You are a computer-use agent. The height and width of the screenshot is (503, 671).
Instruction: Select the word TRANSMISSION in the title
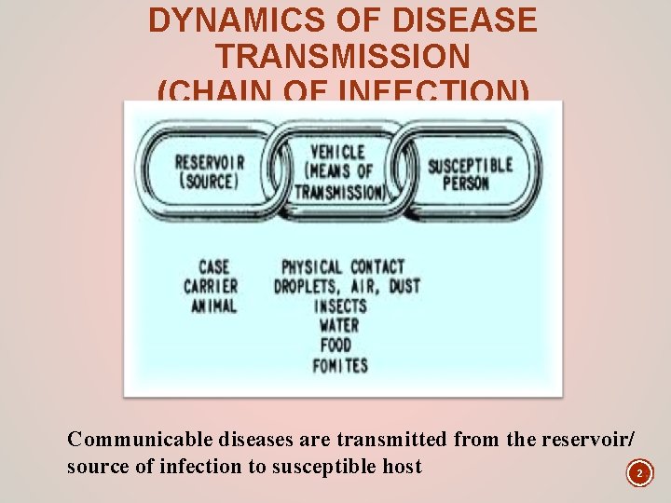(x=343, y=57)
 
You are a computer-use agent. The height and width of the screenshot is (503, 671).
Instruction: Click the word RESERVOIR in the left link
(x=210, y=161)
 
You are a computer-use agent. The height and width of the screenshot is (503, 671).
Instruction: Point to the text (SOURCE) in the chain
(x=209, y=180)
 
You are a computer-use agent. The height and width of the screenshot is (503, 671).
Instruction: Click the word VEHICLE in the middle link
(x=337, y=151)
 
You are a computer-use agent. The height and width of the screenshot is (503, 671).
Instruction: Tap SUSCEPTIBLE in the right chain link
(x=470, y=166)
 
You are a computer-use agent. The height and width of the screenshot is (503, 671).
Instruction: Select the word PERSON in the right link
(x=466, y=184)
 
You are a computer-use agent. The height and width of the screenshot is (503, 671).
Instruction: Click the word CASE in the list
(x=213, y=267)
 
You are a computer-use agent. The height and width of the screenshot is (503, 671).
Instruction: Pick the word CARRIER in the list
(x=211, y=286)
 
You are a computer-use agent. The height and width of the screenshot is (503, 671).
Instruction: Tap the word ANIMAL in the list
(x=213, y=305)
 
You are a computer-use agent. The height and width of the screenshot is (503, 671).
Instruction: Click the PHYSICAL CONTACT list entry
(x=343, y=267)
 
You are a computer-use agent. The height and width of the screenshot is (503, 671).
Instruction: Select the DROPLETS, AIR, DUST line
(x=347, y=286)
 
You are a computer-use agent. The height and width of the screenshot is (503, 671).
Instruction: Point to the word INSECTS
(x=340, y=306)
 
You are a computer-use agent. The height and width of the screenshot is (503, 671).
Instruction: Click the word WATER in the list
(x=339, y=325)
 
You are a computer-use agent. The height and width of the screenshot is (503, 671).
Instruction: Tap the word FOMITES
(x=340, y=364)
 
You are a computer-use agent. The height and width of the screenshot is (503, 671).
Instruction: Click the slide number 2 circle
(x=639, y=474)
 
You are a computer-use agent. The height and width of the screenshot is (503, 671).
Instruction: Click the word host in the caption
(x=400, y=467)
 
